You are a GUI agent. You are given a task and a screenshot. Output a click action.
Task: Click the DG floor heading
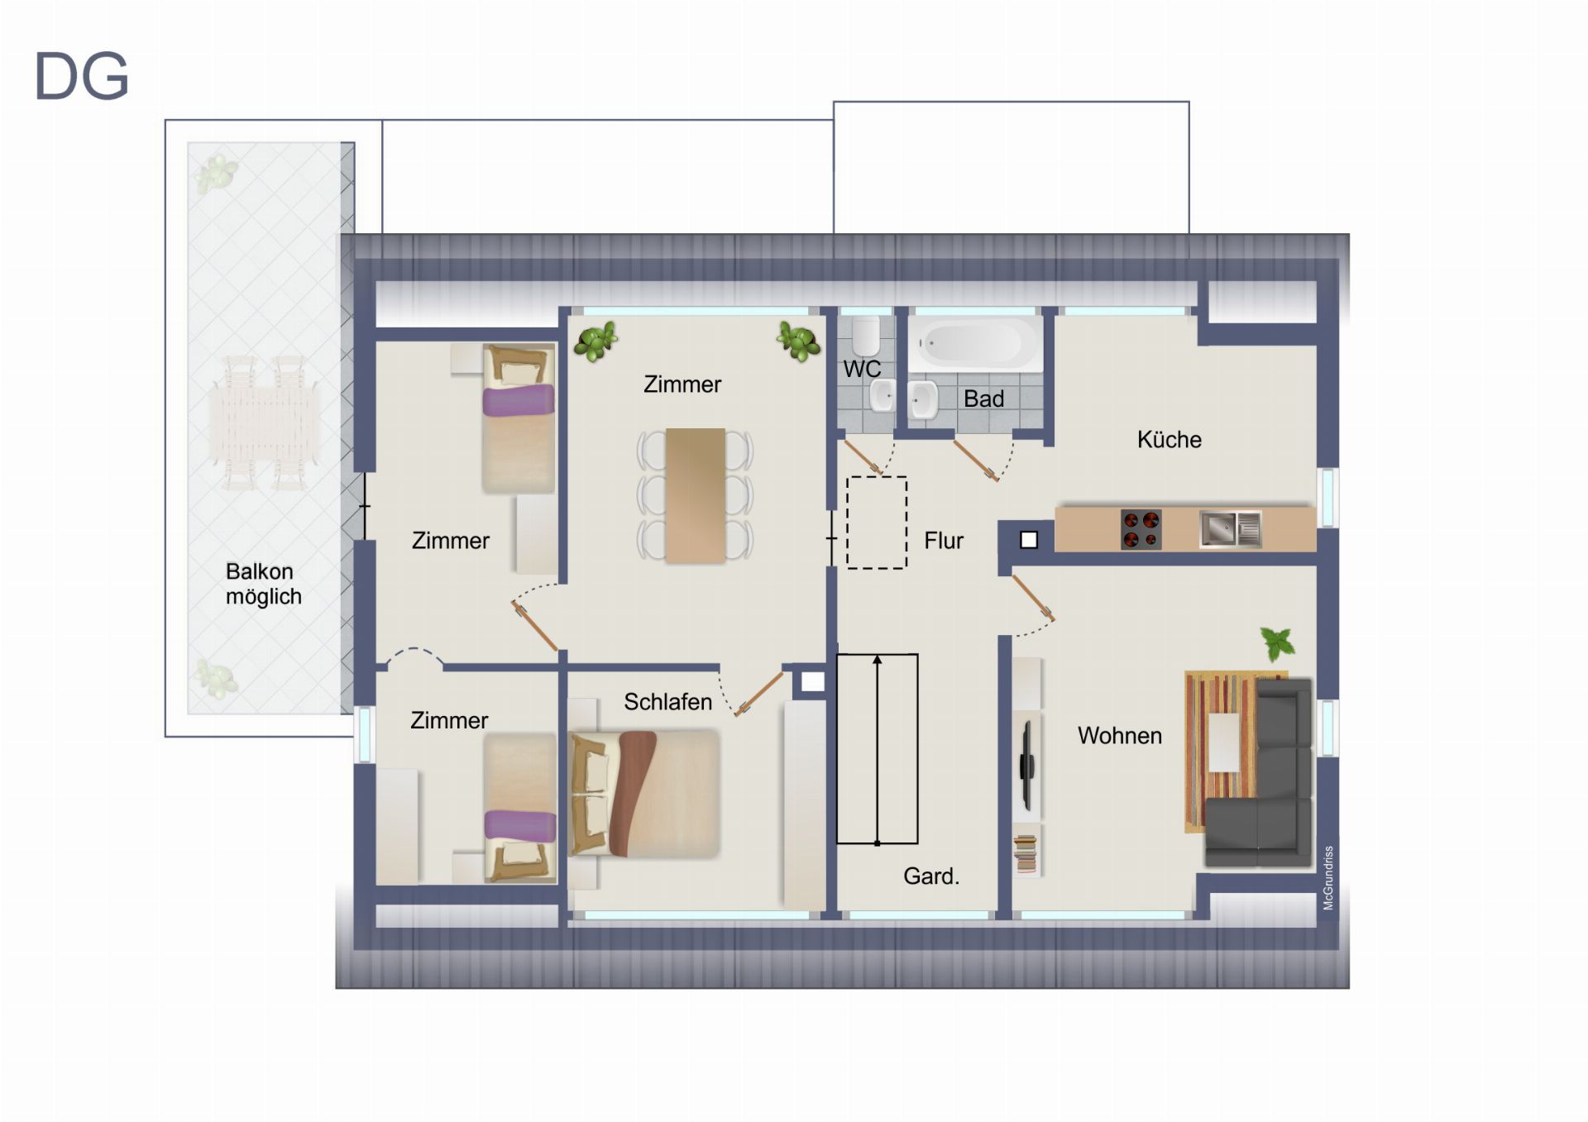tap(81, 76)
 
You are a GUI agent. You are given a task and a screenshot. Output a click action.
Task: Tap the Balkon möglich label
tap(263, 584)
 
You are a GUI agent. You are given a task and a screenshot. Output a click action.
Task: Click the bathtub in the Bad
tap(975, 342)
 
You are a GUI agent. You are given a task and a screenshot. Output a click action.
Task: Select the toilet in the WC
tap(866, 335)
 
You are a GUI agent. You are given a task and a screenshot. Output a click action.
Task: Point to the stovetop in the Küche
tap(1141, 530)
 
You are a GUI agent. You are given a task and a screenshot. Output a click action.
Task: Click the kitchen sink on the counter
tap(1231, 529)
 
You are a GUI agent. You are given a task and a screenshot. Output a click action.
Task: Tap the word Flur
tap(944, 541)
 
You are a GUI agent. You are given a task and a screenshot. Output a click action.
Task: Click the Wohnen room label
tap(1119, 736)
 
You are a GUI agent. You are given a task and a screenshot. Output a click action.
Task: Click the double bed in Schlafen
tap(644, 793)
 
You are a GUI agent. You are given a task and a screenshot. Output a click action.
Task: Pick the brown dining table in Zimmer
tap(695, 495)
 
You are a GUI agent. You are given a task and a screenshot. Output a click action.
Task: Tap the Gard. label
tap(931, 876)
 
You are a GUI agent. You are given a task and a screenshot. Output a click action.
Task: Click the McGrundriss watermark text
tap(1328, 878)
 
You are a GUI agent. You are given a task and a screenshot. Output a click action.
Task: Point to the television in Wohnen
tap(1026, 766)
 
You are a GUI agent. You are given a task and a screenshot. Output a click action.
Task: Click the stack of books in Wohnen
tap(1026, 853)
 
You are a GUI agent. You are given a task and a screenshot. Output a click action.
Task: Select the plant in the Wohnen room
tap(1277, 643)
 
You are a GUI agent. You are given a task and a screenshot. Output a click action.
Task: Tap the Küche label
tap(1169, 440)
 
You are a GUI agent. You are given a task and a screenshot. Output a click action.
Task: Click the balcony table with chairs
tap(264, 423)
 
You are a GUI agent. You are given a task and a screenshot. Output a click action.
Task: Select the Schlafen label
tap(667, 702)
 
